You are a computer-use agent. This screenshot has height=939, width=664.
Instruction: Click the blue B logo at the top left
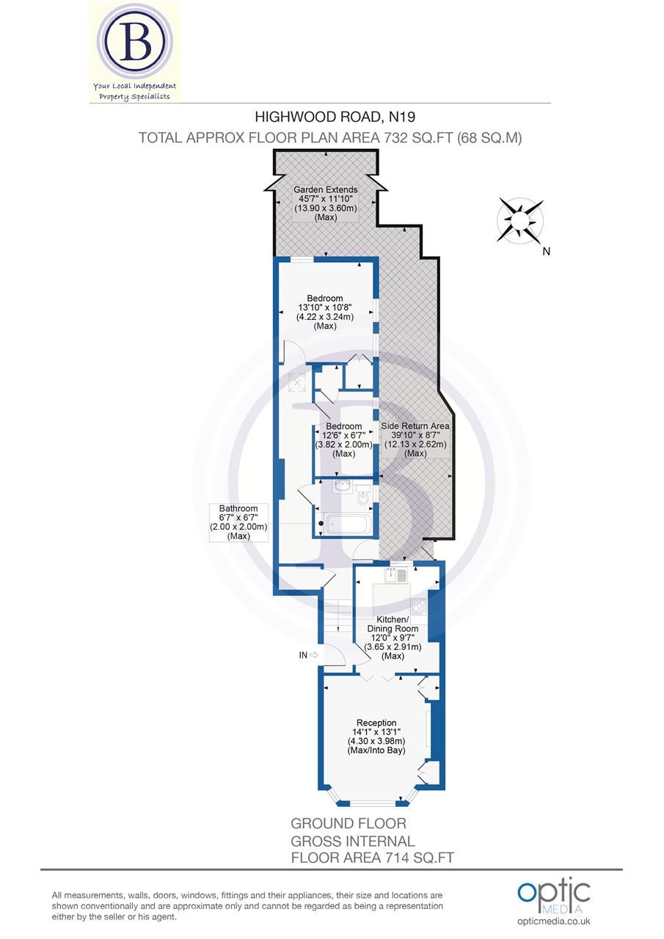(x=134, y=43)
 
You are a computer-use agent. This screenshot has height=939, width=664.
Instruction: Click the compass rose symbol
(x=521, y=219)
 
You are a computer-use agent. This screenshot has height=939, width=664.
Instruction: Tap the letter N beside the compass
(x=546, y=252)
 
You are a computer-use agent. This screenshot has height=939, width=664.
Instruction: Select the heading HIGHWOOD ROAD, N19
(x=329, y=116)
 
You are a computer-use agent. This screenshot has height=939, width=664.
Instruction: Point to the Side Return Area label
(x=415, y=425)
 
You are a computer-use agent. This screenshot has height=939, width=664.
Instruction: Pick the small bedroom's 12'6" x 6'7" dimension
(x=344, y=436)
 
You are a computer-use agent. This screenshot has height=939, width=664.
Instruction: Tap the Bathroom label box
(x=238, y=522)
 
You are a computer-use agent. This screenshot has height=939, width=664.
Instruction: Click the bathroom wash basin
(x=342, y=485)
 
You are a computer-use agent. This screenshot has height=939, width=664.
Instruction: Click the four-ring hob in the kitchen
(x=420, y=607)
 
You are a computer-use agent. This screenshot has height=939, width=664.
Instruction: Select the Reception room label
(x=376, y=723)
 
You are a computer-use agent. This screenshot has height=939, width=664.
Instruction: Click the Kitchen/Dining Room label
(x=393, y=624)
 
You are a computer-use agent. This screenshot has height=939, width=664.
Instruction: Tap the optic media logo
(x=553, y=893)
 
